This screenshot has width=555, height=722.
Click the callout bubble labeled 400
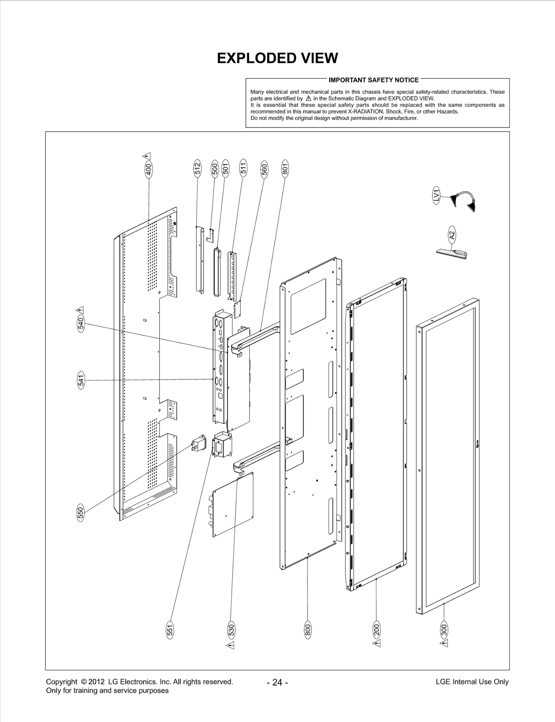[x=148, y=170]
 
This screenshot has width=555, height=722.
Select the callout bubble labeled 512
[x=197, y=168]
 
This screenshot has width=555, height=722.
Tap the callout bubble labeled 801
[x=285, y=168]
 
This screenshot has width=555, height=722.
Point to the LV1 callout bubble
[x=437, y=195]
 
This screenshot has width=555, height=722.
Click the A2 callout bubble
[x=452, y=235]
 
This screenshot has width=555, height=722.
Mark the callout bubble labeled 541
[x=80, y=380]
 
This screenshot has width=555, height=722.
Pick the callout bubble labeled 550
[x=80, y=513]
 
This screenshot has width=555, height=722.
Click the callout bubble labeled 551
[x=170, y=630]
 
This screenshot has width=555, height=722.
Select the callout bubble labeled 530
[x=231, y=630]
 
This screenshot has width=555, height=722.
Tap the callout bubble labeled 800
[x=308, y=630]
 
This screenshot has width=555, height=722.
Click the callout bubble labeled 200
[x=376, y=630]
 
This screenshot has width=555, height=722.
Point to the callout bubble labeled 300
[x=444, y=630]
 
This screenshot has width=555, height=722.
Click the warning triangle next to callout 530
[x=231, y=645]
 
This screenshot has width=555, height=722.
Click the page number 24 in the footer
[x=277, y=682]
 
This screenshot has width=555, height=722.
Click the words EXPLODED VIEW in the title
[x=277, y=58]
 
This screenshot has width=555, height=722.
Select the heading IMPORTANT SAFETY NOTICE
[x=374, y=80]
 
